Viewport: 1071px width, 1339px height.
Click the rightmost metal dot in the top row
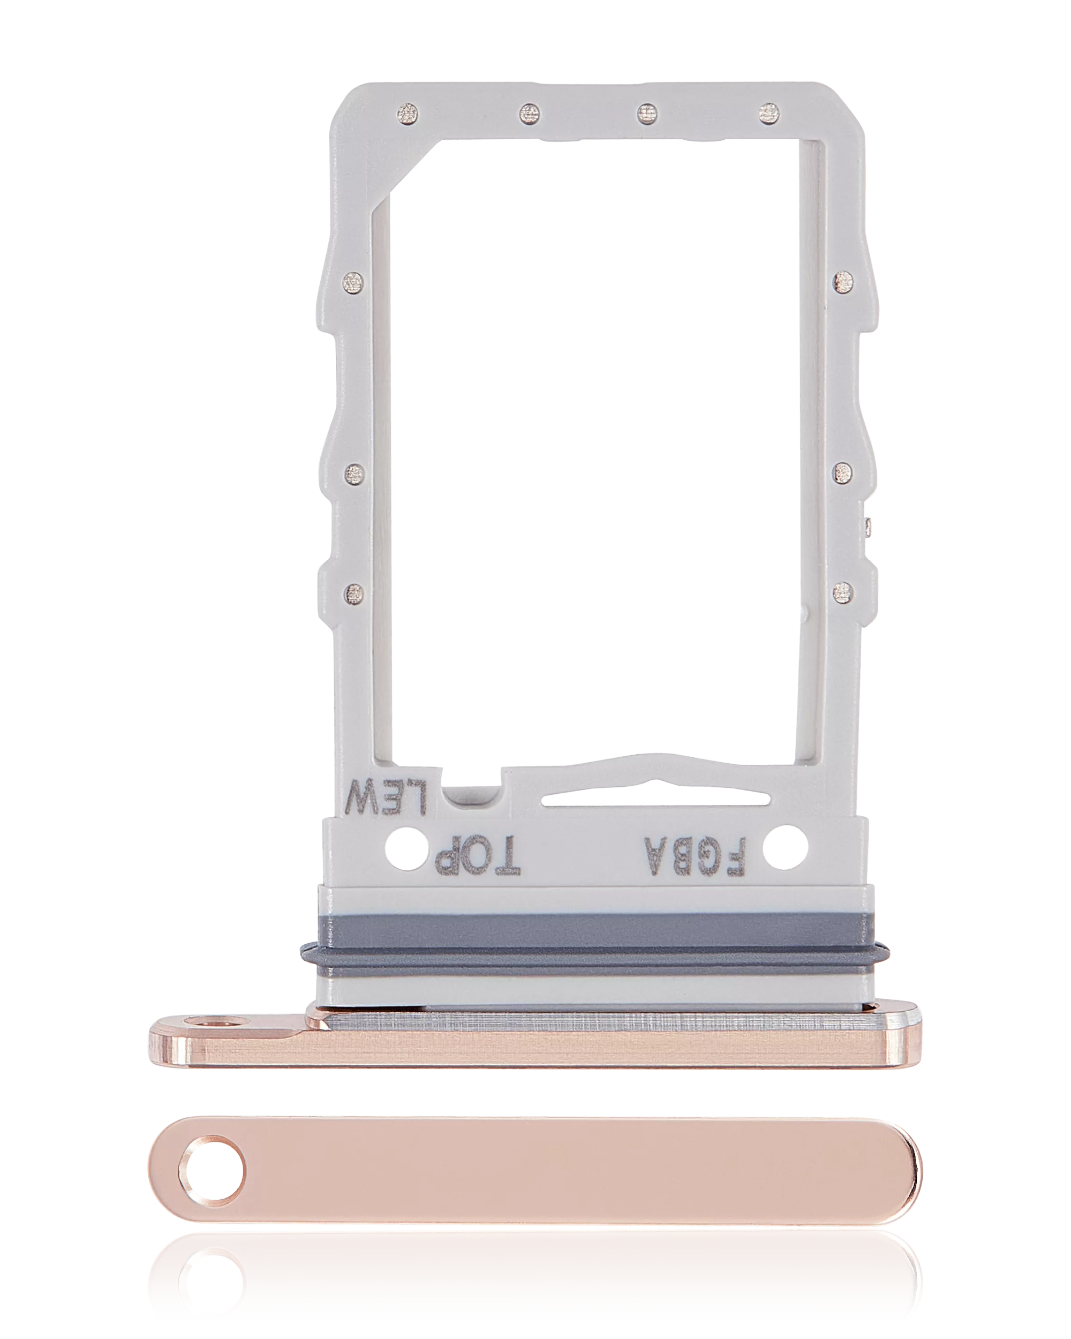pyautogui.click(x=768, y=112)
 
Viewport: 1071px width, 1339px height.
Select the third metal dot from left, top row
pyautogui.click(x=647, y=112)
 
